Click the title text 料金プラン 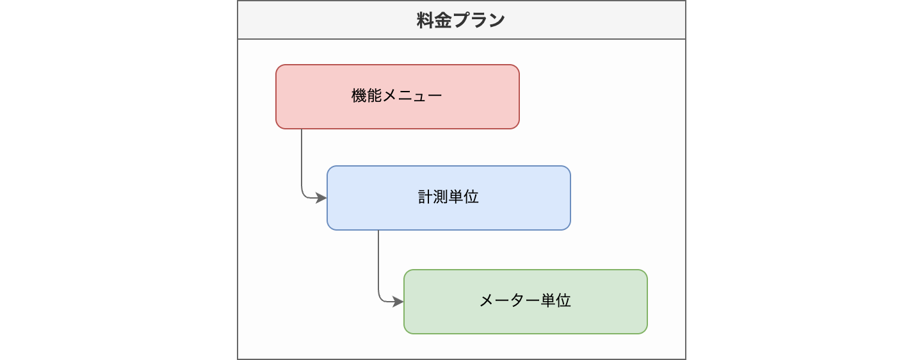point(460,20)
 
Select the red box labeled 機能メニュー point(398,97)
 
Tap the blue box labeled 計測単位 point(449,198)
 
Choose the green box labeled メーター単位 point(526,302)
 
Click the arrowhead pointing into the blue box point(321,198)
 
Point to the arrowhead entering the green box point(398,302)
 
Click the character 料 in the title point(425,20)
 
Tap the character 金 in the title point(443,20)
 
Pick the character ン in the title point(496,20)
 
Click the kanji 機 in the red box point(359,95)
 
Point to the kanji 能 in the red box point(375,95)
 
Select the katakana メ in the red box point(390,96)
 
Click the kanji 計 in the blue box point(426,197)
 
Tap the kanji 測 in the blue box point(441,197)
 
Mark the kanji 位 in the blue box point(471,197)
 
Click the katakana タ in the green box point(517,300)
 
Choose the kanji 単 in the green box point(548,300)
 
